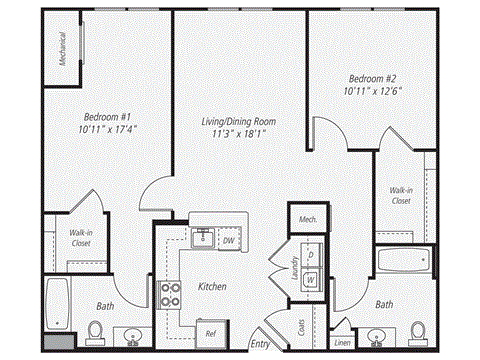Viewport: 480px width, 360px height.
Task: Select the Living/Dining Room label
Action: pyautogui.click(x=237, y=120)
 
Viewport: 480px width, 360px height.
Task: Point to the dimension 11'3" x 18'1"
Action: pyautogui.click(x=237, y=132)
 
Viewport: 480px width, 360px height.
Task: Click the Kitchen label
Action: pyautogui.click(x=212, y=287)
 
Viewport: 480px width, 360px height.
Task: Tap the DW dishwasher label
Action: pyautogui.click(x=228, y=240)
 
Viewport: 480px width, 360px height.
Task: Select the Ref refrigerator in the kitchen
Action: pyautogui.click(x=211, y=333)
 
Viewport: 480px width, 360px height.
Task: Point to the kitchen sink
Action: pyautogui.click(x=201, y=237)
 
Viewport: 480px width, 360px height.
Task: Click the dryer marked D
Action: pyautogui.click(x=311, y=255)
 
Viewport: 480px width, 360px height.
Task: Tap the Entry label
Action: pyautogui.click(x=261, y=344)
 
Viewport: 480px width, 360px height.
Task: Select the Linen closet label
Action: pyautogui.click(x=343, y=342)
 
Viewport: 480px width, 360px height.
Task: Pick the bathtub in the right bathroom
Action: pyautogui.click(x=403, y=262)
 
